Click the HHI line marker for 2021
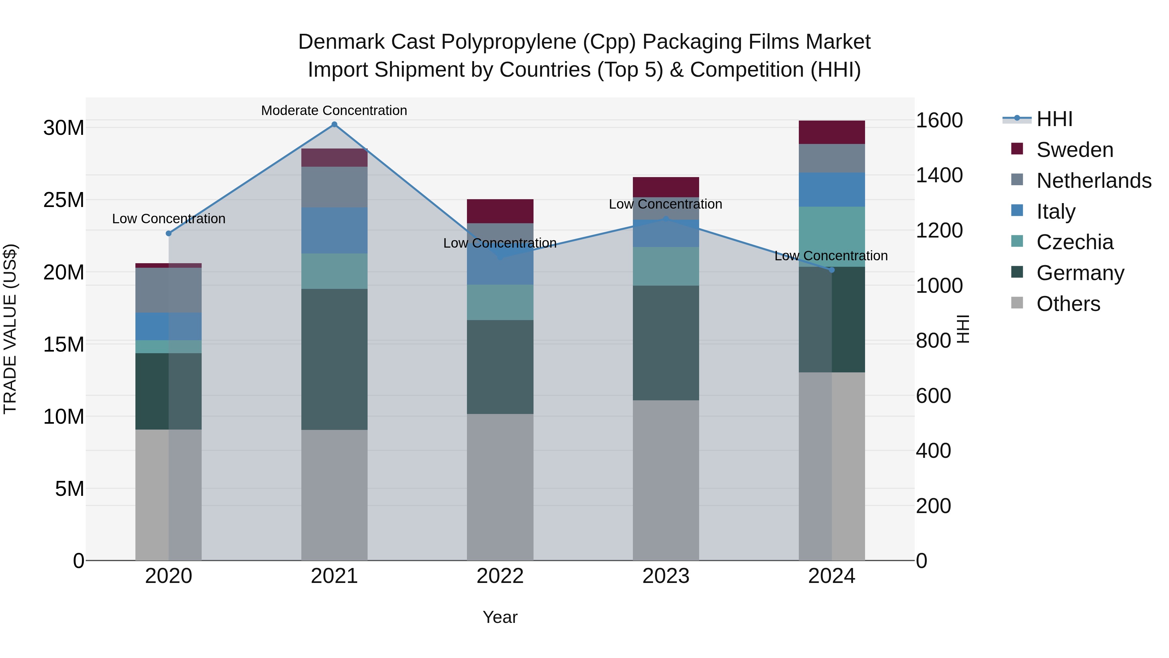pos(334,124)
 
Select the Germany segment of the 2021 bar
pos(334,359)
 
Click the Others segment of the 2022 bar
pos(500,487)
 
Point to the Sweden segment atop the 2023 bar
pos(666,187)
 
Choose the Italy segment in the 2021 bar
pos(334,230)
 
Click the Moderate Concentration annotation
pos(334,110)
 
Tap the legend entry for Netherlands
pos(1094,181)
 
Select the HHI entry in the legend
pos(1054,119)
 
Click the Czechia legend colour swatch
pos(1017,241)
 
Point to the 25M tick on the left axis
pos(64,200)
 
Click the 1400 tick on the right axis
pos(939,175)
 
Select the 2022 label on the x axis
pos(500,576)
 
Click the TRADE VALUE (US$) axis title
pos(10,329)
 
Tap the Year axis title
pos(500,617)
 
